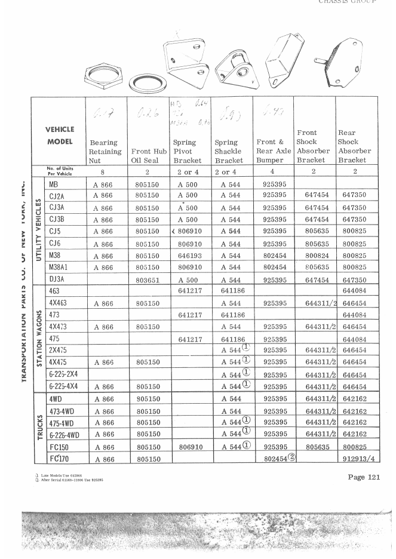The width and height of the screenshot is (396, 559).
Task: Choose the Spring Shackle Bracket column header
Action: click(232, 152)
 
